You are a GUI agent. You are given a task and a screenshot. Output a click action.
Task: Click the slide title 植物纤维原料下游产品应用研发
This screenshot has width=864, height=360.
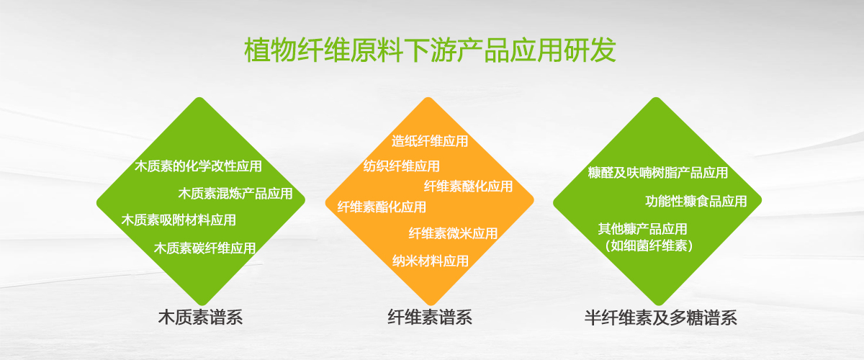pyautogui.click(x=430, y=50)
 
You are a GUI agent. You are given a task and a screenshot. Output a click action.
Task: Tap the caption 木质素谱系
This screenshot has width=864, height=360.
pyautogui.click(x=201, y=318)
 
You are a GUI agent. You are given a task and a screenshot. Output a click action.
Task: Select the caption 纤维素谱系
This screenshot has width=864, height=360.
pyautogui.click(x=430, y=318)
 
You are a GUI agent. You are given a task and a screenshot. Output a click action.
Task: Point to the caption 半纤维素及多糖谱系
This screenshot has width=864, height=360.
pyautogui.click(x=661, y=318)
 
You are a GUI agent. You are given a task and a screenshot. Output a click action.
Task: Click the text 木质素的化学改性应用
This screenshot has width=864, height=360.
pyautogui.click(x=198, y=166)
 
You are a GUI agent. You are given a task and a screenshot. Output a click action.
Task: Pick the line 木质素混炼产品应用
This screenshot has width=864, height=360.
pyautogui.click(x=235, y=193)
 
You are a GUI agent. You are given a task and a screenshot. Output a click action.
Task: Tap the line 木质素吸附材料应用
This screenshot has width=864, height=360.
pyautogui.click(x=179, y=220)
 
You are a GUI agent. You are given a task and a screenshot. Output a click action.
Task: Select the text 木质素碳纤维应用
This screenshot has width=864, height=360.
pyautogui.click(x=204, y=248)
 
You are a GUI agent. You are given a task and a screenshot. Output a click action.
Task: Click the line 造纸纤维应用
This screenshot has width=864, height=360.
pyautogui.click(x=430, y=141)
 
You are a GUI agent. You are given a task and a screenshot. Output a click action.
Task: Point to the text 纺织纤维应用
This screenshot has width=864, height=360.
pyautogui.click(x=402, y=166)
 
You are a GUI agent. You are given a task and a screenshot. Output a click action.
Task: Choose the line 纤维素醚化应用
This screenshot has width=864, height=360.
pyautogui.click(x=468, y=186)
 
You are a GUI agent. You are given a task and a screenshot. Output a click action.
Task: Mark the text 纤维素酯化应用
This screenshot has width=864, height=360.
pyautogui.click(x=382, y=207)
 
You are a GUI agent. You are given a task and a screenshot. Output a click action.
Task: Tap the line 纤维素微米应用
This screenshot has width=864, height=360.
pyautogui.click(x=453, y=233)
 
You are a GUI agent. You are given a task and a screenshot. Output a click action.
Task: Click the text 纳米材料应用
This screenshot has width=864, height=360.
pyautogui.click(x=431, y=261)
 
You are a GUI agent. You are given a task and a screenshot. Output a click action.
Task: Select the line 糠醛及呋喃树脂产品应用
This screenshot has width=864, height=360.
pyautogui.click(x=658, y=173)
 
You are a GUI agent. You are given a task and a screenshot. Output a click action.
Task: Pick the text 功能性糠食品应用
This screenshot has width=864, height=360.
pyautogui.click(x=696, y=201)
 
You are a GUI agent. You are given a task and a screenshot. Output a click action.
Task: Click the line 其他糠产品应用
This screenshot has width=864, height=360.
pyautogui.click(x=642, y=229)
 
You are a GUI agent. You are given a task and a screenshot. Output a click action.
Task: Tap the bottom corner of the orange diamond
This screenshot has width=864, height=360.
pyautogui.click(x=430, y=305)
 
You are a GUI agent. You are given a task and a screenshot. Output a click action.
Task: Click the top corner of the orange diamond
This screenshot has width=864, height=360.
pyautogui.click(x=428, y=97)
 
